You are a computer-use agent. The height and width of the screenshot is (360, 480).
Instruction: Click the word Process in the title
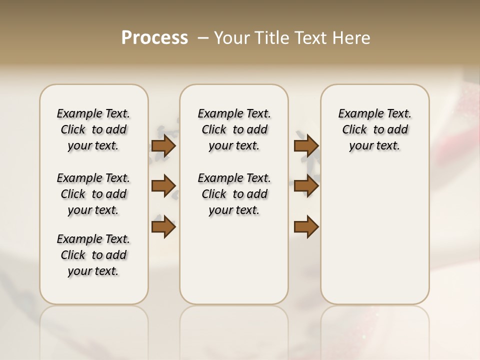[154, 37]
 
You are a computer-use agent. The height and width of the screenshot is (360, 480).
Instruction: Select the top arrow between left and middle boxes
[163, 146]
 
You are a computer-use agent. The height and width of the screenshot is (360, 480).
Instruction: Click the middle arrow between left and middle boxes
[163, 186]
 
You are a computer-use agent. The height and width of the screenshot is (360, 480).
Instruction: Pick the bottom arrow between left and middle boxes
[163, 226]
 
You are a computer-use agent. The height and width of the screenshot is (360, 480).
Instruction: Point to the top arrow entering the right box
[306, 146]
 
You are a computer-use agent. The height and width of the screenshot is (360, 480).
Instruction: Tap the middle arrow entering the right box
[306, 186]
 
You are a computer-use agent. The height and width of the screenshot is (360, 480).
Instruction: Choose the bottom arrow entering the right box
[306, 226]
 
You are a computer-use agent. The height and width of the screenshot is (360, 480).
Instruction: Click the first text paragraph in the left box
[93, 129]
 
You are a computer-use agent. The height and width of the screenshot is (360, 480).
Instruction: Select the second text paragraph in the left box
[93, 194]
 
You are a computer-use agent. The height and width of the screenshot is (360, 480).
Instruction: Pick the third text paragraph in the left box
[93, 255]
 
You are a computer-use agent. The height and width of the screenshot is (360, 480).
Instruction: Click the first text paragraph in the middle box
[234, 129]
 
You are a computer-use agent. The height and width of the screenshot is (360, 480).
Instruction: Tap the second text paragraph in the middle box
[234, 194]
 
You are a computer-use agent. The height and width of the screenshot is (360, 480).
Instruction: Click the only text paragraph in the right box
[375, 129]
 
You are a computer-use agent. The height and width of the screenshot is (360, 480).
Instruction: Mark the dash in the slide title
[203, 37]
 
